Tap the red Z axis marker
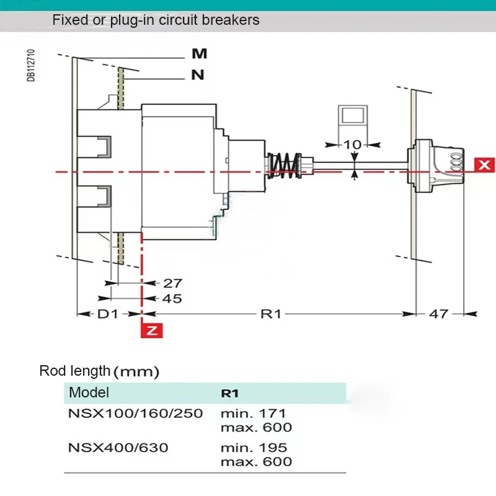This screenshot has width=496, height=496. (152, 330)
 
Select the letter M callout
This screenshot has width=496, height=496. (199, 55)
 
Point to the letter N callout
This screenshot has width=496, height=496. (198, 76)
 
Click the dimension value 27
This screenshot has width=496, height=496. (172, 283)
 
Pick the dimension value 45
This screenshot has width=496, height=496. (172, 299)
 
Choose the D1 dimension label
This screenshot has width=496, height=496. (108, 314)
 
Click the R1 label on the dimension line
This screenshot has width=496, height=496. (271, 314)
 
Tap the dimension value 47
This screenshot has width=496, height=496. (439, 314)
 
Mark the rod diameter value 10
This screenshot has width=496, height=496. (352, 144)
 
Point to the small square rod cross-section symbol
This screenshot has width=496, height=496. (353, 117)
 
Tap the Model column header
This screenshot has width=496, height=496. (89, 392)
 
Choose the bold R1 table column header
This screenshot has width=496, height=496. (231, 393)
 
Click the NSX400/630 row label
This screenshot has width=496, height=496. (118, 447)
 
